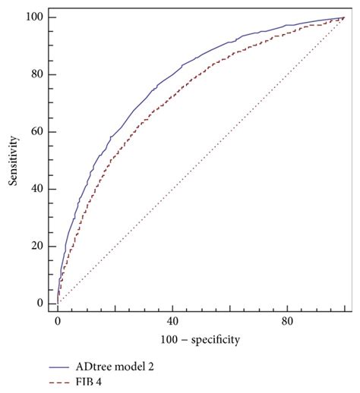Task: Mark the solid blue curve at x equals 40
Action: pos(172,74)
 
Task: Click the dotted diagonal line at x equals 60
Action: pos(230,132)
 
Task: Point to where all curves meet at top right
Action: pos(344,17)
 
